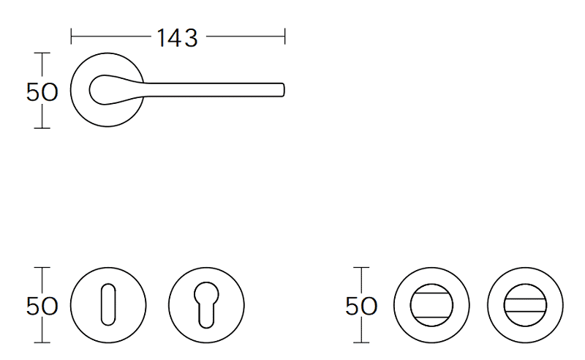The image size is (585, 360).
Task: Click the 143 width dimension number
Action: [177, 38]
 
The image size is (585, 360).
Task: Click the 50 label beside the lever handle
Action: [42, 92]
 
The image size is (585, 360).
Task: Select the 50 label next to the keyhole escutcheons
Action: [42, 307]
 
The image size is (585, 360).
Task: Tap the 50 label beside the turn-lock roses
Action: [361, 307]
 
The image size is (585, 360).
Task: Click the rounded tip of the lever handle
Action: [282, 90]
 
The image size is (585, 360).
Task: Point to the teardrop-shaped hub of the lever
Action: [105, 89]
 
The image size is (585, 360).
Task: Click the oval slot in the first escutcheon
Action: [108, 304]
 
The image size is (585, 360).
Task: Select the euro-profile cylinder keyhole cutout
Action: [206, 304]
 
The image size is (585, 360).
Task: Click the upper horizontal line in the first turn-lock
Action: [431, 293]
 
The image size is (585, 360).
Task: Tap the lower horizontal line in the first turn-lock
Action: [431, 318]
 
